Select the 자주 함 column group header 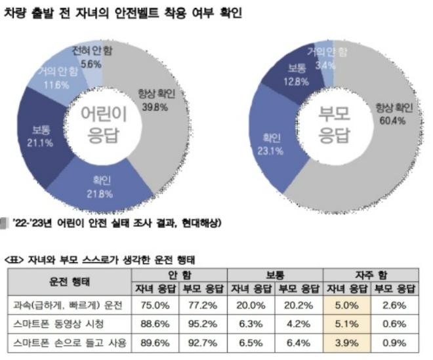[x=373, y=275]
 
